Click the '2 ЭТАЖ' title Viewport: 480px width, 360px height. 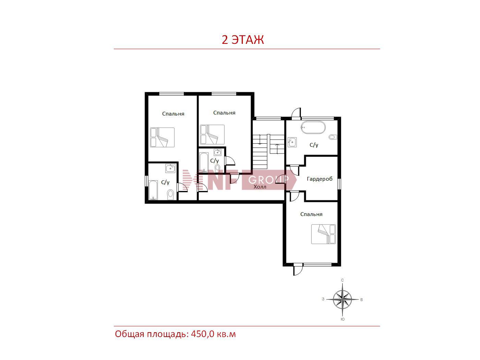pos(243,40)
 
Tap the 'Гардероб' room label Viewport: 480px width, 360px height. pos(320,179)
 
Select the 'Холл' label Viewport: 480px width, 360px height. pos(260,187)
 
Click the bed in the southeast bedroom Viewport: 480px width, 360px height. pos(323,234)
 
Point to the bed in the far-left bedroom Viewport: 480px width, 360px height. pos(162,137)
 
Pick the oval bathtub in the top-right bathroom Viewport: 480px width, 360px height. pos(313,128)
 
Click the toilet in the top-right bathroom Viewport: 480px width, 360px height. pos(333,137)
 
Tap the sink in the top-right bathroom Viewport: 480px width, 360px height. pos(292,142)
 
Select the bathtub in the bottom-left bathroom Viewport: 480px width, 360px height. pos(153,190)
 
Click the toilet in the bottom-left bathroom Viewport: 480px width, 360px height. pos(170,194)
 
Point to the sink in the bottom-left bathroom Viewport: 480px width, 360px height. pos(170,168)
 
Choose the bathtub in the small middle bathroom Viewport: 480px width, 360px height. pos(204,163)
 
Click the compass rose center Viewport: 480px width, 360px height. pos(343,299)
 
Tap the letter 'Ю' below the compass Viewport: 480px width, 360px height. pos(343,319)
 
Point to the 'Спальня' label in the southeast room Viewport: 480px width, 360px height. pos(311,214)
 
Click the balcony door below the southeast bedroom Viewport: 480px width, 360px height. pos(298,270)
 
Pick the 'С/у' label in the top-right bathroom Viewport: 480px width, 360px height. pos(314,145)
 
